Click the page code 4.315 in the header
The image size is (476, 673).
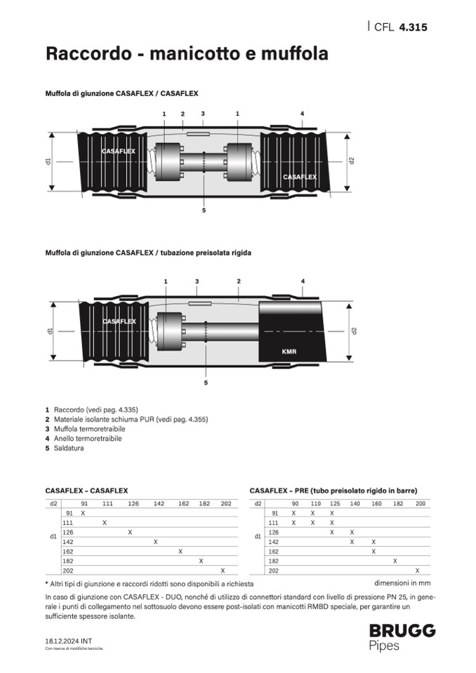(x=413, y=27)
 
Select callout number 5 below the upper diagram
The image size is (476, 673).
(x=204, y=210)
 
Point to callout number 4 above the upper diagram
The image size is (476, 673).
(x=302, y=113)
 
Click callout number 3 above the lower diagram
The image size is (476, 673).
(x=197, y=281)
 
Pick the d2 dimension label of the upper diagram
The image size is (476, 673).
(x=352, y=160)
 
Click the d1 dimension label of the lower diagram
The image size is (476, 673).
(x=51, y=330)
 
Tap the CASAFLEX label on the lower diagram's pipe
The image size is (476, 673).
(x=119, y=321)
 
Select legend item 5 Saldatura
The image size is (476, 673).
(x=65, y=448)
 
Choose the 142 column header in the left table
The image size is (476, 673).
(x=159, y=504)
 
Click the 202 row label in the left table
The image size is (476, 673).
(x=68, y=571)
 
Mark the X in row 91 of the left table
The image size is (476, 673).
(x=83, y=513)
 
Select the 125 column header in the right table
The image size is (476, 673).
(x=334, y=504)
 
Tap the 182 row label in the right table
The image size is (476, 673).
(x=274, y=561)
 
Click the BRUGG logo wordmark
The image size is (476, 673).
(x=402, y=630)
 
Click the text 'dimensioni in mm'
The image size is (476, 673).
(x=402, y=582)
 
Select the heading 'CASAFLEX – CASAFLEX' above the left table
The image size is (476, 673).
(x=86, y=491)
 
